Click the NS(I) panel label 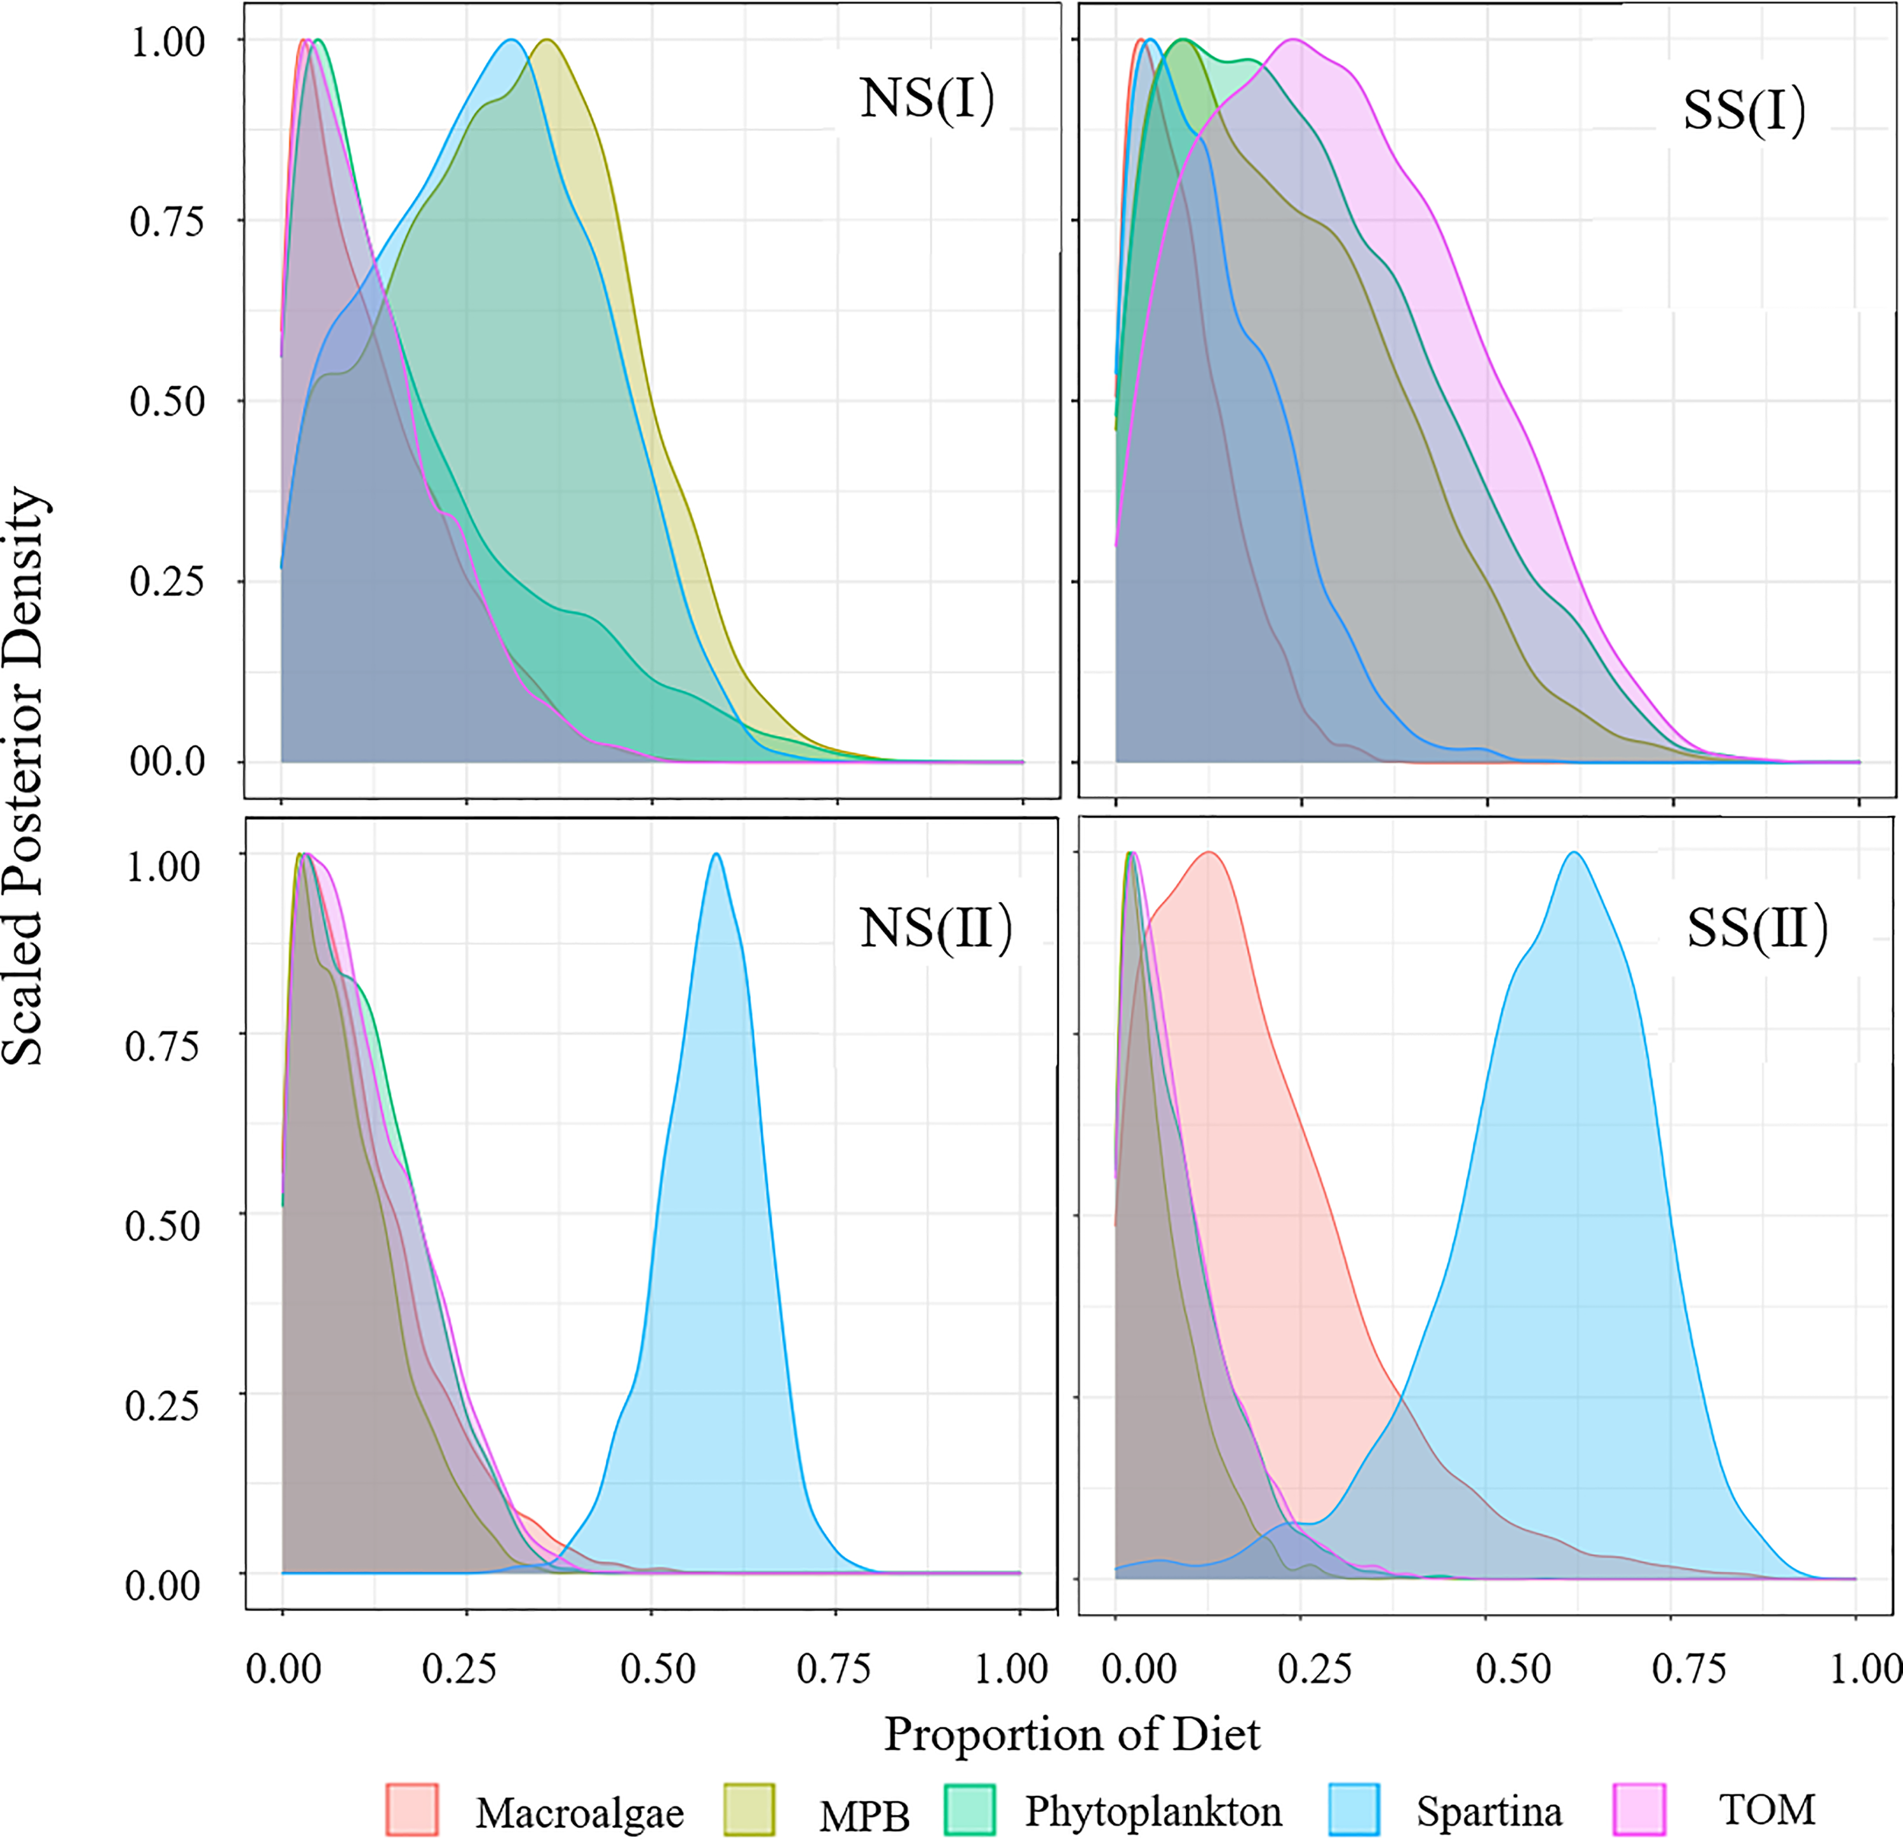pos(926,99)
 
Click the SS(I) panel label pos(1744,110)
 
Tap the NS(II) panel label pos(935,930)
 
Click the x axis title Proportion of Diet pos(1072,1734)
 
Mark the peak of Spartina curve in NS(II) pos(716,854)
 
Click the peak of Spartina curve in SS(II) pos(1574,853)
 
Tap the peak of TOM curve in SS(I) pos(1293,40)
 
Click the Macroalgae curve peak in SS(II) pos(1209,853)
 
